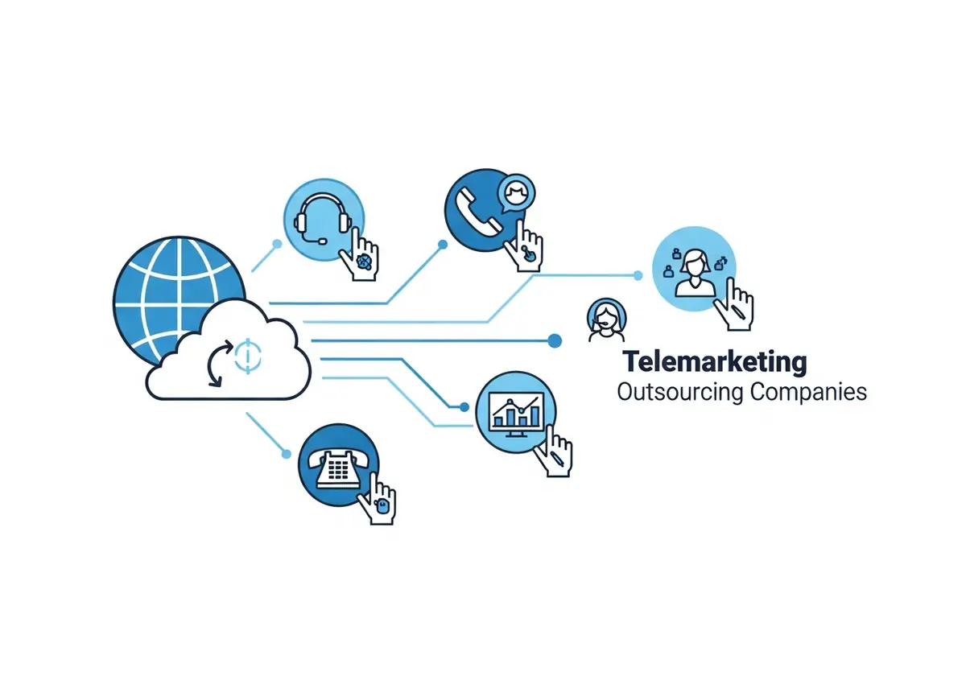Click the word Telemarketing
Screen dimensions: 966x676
tap(715, 363)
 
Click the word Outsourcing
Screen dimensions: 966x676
tap(680, 393)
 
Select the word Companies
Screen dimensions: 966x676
tap(808, 393)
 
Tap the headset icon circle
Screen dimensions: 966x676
tap(324, 220)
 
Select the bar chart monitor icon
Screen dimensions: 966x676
tap(516, 414)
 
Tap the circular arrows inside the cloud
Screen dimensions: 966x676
tap(219, 363)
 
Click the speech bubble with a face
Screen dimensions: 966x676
tap(516, 192)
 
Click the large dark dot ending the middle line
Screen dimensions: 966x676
tap(555, 340)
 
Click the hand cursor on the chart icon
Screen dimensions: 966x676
tap(554, 451)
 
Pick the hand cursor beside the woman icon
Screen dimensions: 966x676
tap(734, 305)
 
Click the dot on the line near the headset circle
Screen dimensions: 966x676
tap(277, 244)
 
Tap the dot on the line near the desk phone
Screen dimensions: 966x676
tap(286, 454)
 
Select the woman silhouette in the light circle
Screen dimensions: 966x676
tap(694, 274)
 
